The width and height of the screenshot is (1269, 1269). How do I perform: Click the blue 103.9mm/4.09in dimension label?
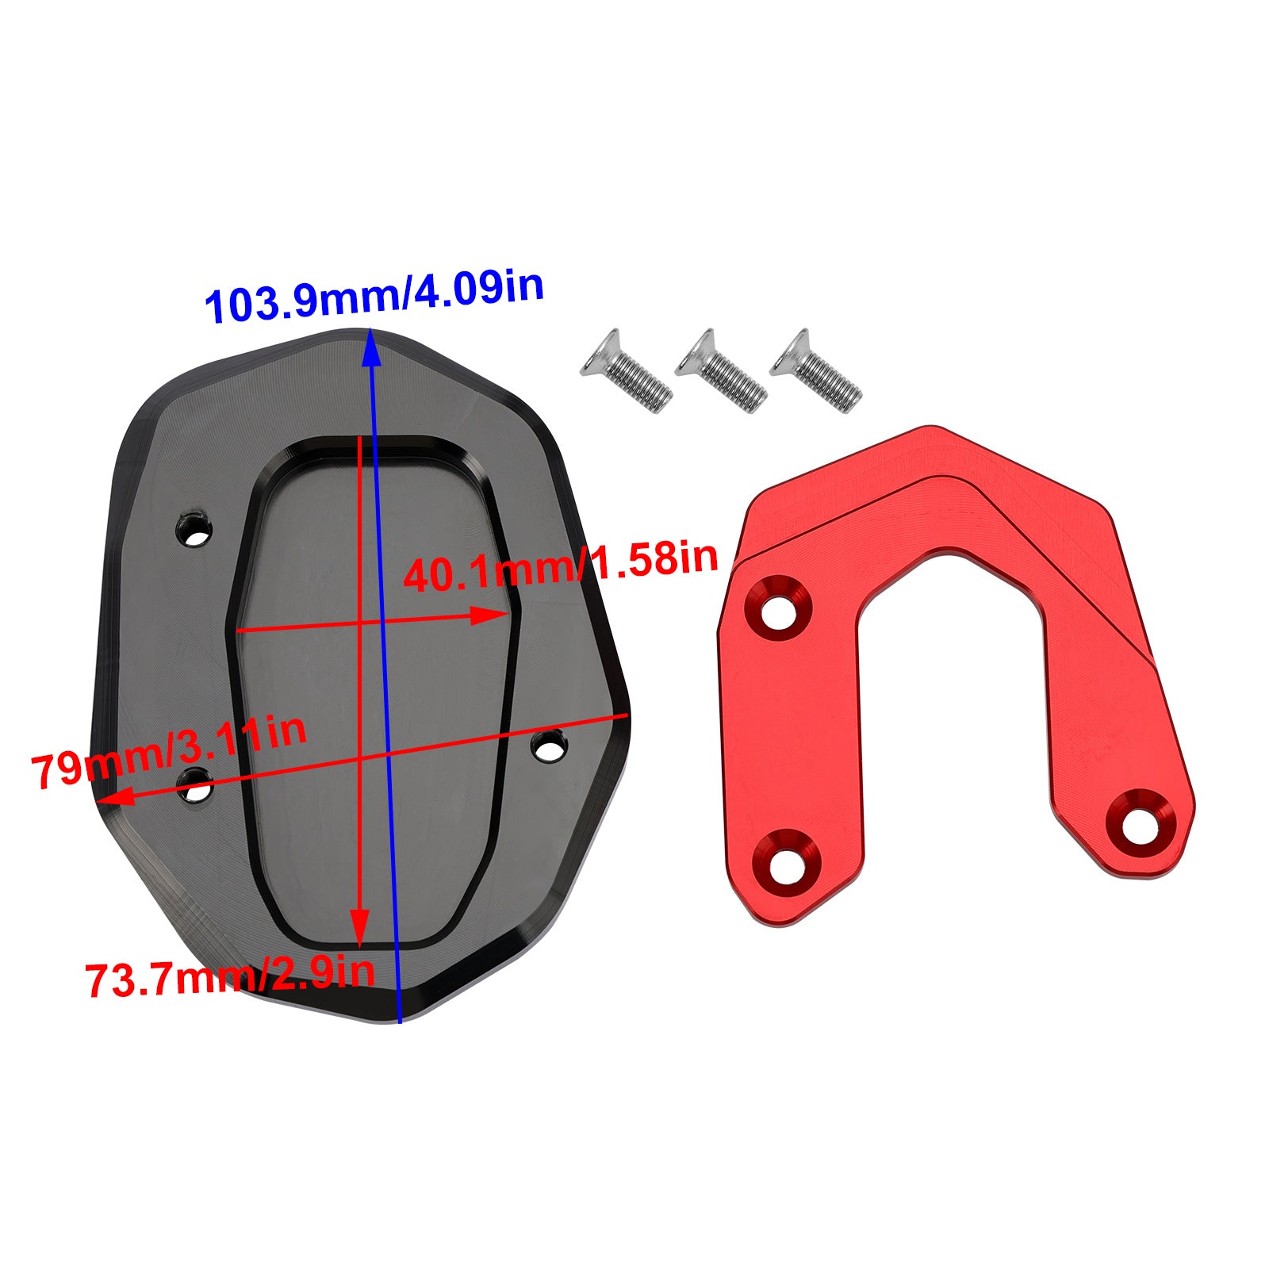pyautogui.click(x=374, y=297)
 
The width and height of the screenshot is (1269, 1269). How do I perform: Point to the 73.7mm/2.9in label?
pyautogui.click(x=229, y=977)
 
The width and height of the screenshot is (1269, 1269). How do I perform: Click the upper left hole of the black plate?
pyautogui.click(x=194, y=530)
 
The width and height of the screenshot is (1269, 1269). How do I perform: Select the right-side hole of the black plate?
pyautogui.click(x=549, y=746)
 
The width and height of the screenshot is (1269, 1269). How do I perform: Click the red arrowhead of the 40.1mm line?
pyautogui.click(x=492, y=615)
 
